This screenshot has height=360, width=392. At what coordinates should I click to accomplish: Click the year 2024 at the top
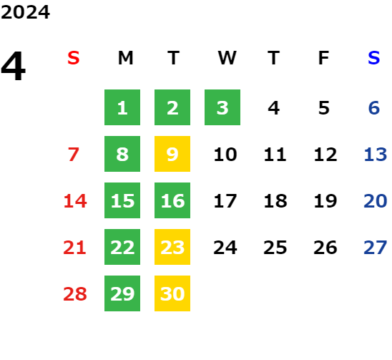pos(25,12)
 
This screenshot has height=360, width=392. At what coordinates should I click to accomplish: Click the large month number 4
pos(14,66)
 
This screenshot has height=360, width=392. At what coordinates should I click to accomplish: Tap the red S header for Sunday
pos(74,58)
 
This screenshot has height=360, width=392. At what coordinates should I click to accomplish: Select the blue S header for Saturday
pos(374,58)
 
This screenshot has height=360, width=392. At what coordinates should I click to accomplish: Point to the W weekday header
pos(227,58)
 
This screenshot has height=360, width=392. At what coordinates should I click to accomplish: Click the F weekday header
pos(324,58)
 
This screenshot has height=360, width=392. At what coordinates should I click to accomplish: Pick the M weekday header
pos(125,58)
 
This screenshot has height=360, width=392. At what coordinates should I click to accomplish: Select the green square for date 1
pos(122,107)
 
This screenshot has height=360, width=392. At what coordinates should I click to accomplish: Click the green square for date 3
pos(222,107)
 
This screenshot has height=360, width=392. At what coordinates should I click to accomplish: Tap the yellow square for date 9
pos(172,154)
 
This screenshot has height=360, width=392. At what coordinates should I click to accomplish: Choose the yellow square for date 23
pos(172,247)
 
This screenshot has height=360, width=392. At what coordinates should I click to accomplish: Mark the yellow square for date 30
pos(172,293)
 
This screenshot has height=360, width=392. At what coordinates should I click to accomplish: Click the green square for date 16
pos(172,200)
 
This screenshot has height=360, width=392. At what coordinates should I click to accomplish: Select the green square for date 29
pos(122,293)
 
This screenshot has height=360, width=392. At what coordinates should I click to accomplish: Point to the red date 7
pos(74,155)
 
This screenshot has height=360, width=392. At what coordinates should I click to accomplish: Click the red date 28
pos(75,293)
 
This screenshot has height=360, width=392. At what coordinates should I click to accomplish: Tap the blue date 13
pos(376,155)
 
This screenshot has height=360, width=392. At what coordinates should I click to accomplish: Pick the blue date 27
pos(376,248)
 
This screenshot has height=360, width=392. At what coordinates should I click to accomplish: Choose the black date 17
pos(225,200)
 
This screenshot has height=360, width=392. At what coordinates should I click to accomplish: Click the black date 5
pos(324,108)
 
